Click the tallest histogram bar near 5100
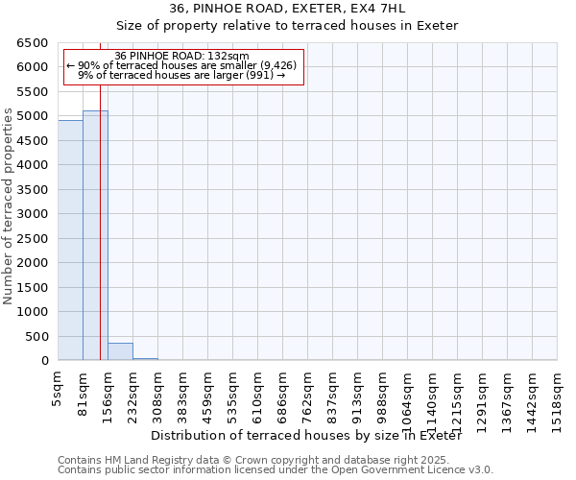pyautogui.click(x=95, y=235)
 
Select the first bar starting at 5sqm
pyautogui.click(x=70, y=240)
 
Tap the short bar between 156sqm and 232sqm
pyautogui.click(x=120, y=351)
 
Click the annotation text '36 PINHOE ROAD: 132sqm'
pyautogui.click(x=181, y=56)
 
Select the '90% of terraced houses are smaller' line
pyautogui.click(x=181, y=65)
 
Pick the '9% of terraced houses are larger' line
pyautogui.click(x=181, y=75)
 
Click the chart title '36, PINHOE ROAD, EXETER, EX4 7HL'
pyautogui.click(x=287, y=9)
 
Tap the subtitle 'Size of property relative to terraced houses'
pyautogui.click(x=287, y=25)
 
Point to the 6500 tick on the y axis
pyautogui.click(x=32, y=43)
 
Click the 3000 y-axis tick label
pyautogui.click(x=32, y=214)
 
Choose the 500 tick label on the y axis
pyautogui.click(x=36, y=337)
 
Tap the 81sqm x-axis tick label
pyautogui.click(x=84, y=393)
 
